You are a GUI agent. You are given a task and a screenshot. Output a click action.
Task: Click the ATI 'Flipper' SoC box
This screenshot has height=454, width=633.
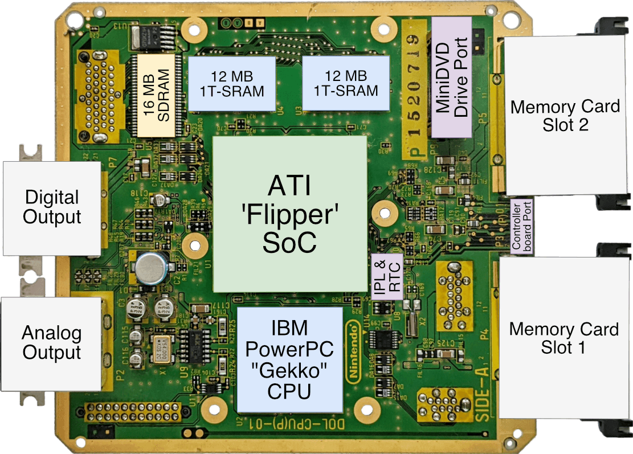click(x=289, y=214)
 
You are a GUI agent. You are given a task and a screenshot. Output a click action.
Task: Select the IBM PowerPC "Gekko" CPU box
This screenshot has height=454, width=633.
click(x=290, y=359)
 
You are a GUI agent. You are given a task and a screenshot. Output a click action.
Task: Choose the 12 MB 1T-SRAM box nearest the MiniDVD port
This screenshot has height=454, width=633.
click(x=346, y=83)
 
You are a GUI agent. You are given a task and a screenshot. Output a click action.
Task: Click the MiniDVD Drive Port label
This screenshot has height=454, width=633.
click(x=452, y=77)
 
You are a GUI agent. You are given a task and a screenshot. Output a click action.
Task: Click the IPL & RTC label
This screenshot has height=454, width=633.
click(x=387, y=276)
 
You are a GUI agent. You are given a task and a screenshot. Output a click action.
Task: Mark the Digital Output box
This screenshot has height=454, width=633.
click(x=52, y=207)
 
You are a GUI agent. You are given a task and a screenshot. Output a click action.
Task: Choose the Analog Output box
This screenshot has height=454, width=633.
click(x=51, y=343)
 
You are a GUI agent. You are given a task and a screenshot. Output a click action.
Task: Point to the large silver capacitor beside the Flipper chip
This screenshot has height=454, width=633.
click(x=150, y=267)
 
